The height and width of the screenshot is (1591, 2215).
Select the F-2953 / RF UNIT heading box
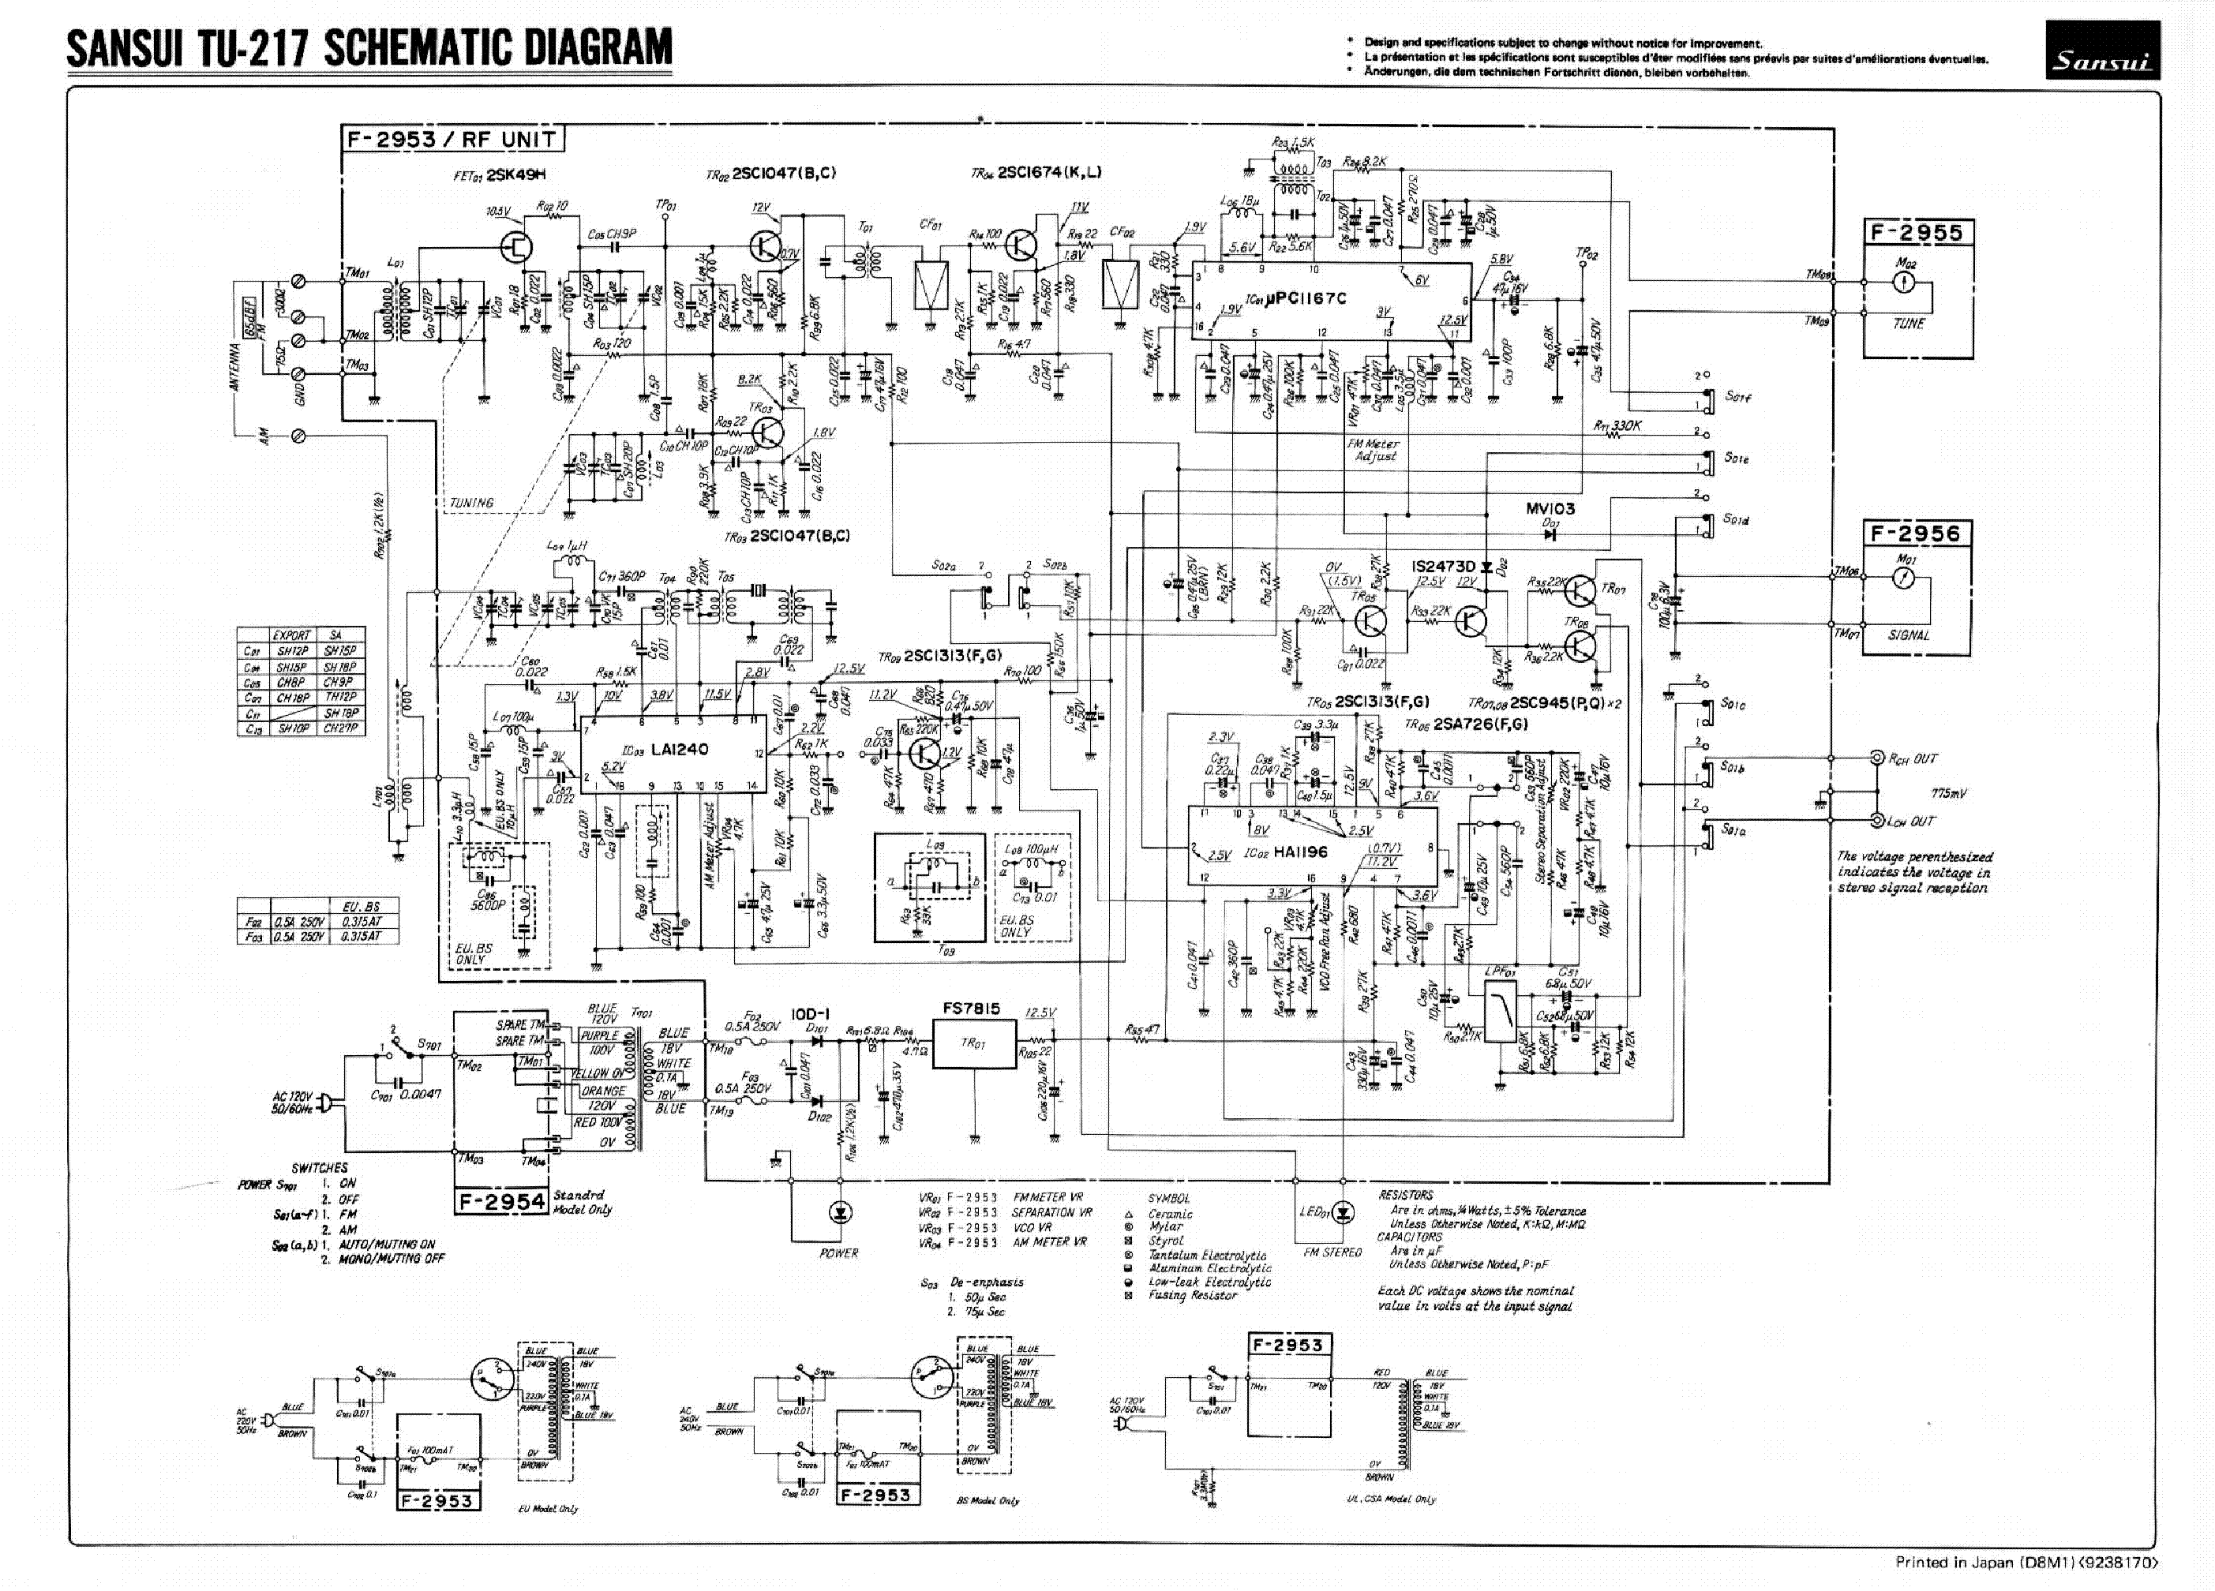click(x=453, y=139)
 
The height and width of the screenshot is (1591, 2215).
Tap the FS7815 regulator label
click(x=972, y=1009)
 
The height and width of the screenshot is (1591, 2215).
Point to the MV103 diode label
click(x=1550, y=509)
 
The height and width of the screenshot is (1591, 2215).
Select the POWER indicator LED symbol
click(x=839, y=1213)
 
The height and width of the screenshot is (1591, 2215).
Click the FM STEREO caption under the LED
click(x=1332, y=1252)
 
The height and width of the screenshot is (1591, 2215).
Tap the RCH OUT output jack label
click(x=1912, y=759)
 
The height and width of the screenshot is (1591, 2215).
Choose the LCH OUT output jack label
click(x=1912, y=822)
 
